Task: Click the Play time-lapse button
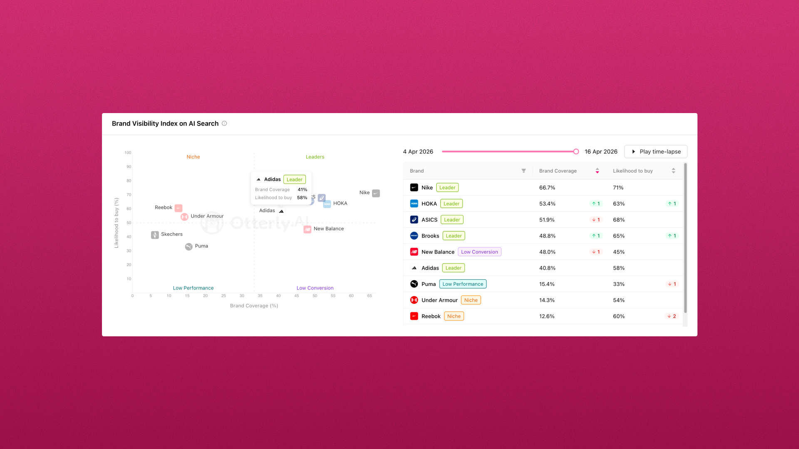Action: coord(655,152)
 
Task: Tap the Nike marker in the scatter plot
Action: coord(376,193)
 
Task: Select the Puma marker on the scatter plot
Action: coord(189,247)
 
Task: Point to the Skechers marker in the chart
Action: coord(155,235)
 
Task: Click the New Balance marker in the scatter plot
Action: coord(308,229)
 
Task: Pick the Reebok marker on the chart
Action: coord(179,208)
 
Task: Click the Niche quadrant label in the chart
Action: coord(193,157)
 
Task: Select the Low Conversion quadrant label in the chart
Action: coord(315,288)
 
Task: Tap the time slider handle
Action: coord(576,152)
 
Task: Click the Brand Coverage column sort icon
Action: coord(597,171)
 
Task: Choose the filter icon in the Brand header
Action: coord(524,171)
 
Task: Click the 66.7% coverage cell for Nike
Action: coord(547,188)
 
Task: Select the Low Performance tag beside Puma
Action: coord(463,284)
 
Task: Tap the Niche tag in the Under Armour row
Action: coord(471,300)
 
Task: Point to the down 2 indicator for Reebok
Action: coord(672,316)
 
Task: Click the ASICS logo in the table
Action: coord(414,220)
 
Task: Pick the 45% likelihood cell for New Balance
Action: coord(619,252)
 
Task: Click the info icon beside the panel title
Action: coord(224,123)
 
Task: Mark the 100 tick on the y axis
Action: coord(128,153)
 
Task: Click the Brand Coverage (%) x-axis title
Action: coord(254,306)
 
